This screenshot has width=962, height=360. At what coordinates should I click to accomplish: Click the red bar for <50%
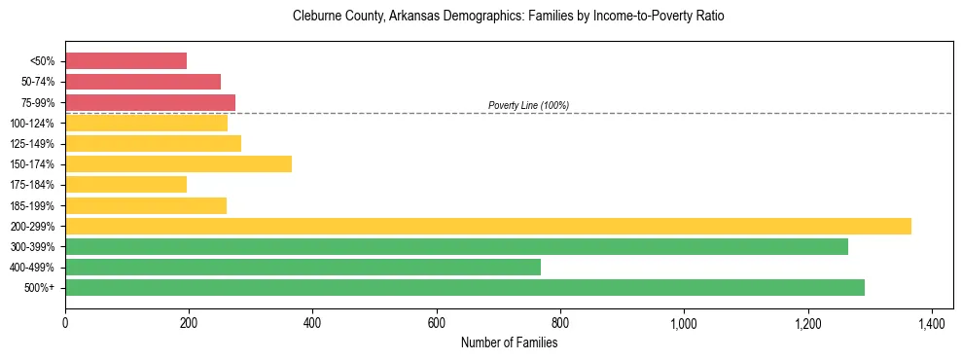[x=126, y=61]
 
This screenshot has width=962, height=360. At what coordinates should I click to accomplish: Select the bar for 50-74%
[x=143, y=82]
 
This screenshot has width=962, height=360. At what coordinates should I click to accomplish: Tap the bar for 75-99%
[x=151, y=102]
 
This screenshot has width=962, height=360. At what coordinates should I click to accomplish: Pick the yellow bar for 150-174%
[x=179, y=164]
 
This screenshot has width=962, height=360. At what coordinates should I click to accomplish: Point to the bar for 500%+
[x=465, y=287]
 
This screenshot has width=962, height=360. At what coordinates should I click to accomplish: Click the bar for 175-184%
[x=126, y=185]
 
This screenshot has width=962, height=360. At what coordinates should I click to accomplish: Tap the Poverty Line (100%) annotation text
[x=528, y=105]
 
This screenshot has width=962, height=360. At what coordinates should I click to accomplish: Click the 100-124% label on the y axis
[x=32, y=124]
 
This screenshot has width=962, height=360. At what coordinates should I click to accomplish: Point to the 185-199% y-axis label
[x=32, y=206]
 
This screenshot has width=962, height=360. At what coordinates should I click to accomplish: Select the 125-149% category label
[x=32, y=144]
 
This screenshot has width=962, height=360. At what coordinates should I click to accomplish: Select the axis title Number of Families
[x=509, y=342]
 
